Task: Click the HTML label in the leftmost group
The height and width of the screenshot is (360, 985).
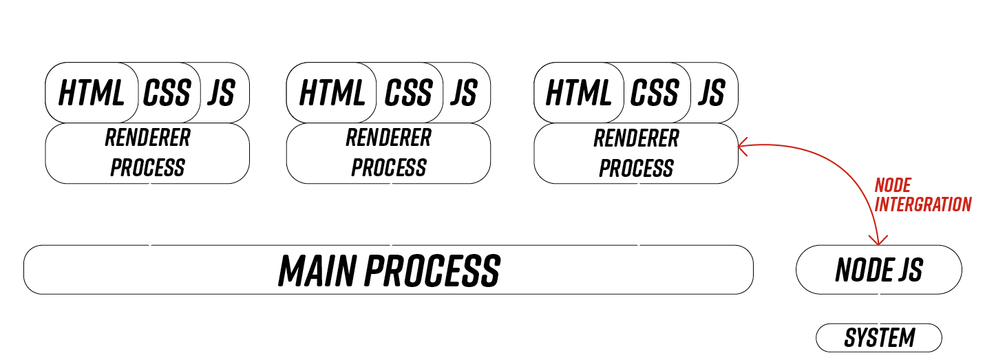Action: tap(92, 93)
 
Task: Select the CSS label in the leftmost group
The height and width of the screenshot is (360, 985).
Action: tap(167, 93)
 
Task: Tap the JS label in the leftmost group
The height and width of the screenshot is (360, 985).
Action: tap(221, 93)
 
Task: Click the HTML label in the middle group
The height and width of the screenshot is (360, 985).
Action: tap(332, 93)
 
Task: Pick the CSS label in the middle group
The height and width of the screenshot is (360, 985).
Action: tap(408, 93)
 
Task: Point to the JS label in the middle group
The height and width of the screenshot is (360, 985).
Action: tap(464, 93)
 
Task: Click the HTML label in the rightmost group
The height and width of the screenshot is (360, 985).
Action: tap(579, 93)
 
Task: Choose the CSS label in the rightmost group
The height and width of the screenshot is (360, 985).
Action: tap(655, 93)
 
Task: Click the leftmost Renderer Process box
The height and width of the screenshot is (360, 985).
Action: tap(147, 153)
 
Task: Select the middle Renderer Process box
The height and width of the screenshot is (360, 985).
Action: tap(388, 153)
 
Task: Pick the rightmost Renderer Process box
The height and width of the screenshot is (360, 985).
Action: tap(636, 153)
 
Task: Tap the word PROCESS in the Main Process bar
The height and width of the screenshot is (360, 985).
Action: tap(432, 271)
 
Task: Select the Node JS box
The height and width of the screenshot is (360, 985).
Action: tap(878, 270)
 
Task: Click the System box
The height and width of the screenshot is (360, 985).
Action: tap(879, 338)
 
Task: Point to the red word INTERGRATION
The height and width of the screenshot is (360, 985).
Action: tap(922, 204)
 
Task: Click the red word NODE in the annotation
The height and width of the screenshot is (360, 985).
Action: tap(892, 185)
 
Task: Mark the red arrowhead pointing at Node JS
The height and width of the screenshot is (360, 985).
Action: tap(877, 240)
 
